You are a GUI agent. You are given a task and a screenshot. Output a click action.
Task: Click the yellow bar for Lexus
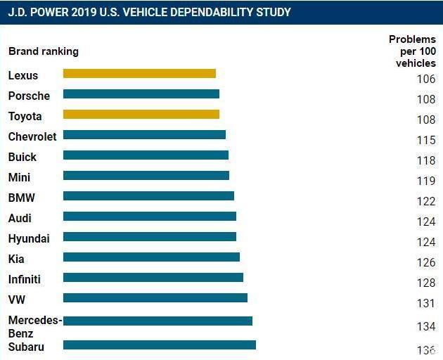[139, 73]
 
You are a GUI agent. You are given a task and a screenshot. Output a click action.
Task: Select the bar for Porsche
[141, 94]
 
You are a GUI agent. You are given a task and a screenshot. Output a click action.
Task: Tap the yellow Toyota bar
[141, 115]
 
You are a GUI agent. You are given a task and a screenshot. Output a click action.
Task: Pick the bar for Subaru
[160, 345]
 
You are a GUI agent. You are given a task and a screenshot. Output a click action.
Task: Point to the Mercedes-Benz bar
[158, 321]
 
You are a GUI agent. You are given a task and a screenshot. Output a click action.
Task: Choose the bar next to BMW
[148, 196]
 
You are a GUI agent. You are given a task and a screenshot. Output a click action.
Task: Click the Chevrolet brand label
[32, 137]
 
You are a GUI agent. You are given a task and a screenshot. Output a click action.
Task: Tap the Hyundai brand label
[29, 239]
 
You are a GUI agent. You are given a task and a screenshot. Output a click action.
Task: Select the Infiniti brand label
[25, 279]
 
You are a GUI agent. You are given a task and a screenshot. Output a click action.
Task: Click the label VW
[17, 300]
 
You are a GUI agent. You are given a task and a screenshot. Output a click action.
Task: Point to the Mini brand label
[19, 177]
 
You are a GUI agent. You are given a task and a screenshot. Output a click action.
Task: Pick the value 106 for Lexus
[426, 79]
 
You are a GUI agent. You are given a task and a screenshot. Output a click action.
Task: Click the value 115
[426, 140]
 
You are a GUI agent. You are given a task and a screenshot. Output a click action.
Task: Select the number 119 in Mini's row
[426, 181]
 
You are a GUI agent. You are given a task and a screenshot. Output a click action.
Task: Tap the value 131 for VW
[425, 303]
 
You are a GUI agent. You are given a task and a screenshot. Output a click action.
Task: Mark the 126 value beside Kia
[426, 262]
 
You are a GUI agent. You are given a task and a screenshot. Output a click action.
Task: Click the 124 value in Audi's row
[426, 221]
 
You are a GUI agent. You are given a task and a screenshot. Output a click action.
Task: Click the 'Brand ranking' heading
[44, 52]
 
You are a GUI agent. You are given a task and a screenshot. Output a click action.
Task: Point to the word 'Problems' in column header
[412, 39]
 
